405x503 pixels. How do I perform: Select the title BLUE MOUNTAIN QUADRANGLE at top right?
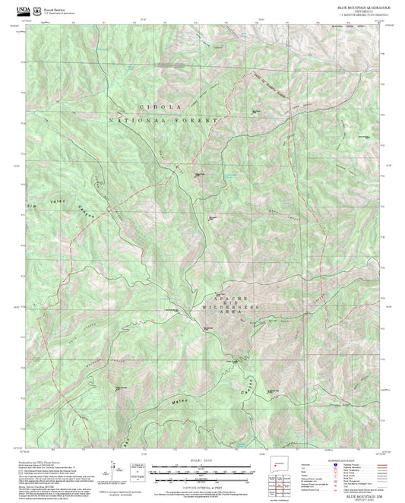pyautogui.click(x=364, y=6)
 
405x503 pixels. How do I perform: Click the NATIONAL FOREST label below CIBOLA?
pyautogui.click(x=163, y=120)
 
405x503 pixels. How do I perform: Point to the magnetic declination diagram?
pyautogui.click(x=138, y=469)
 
